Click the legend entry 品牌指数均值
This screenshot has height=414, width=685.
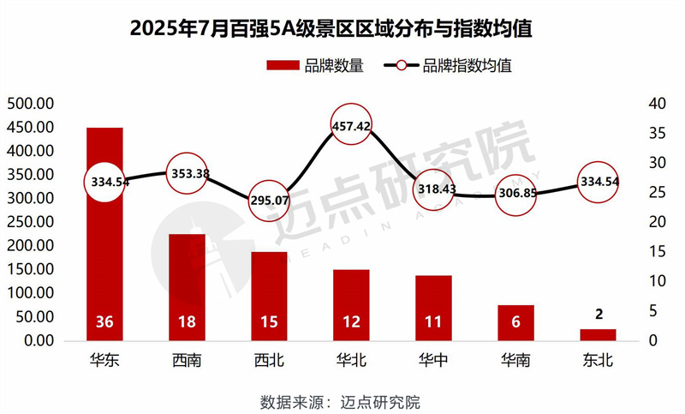(x=454, y=66)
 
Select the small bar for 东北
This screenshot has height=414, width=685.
(x=598, y=334)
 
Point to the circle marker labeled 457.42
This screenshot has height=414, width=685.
(x=351, y=125)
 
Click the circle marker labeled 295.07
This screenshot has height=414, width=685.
(x=269, y=198)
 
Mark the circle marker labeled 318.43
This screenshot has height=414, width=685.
(x=433, y=189)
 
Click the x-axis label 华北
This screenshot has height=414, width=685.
(x=351, y=360)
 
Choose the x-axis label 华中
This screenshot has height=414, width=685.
(x=433, y=360)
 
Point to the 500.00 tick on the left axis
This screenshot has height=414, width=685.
(x=31, y=104)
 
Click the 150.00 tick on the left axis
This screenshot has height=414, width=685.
(x=31, y=269)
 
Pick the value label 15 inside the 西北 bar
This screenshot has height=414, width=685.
(x=269, y=323)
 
